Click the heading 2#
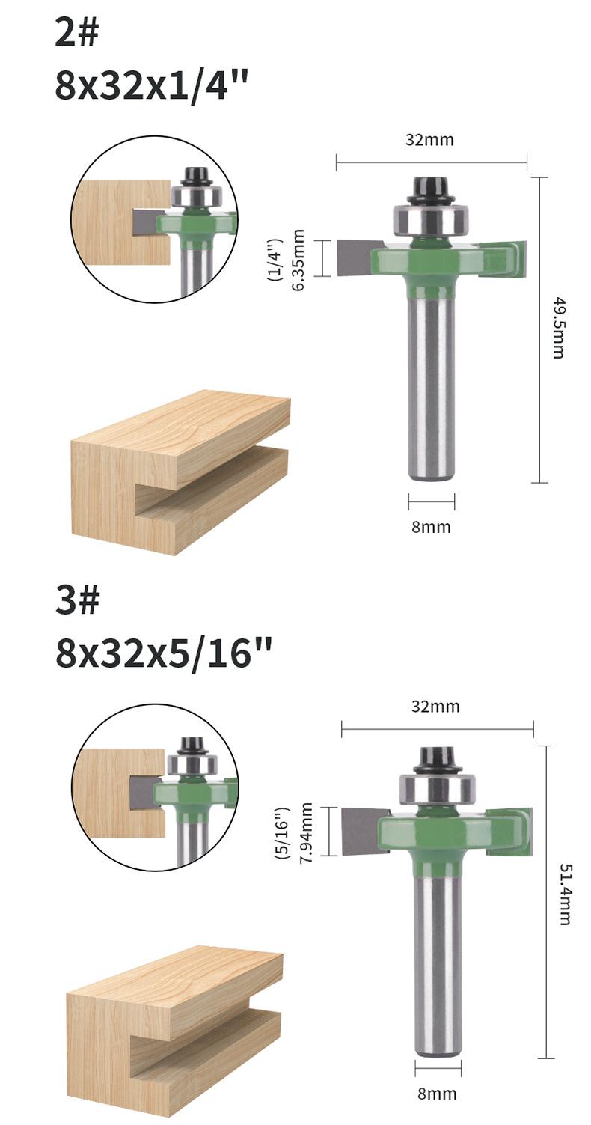(76, 34)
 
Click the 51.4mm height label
(564, 894)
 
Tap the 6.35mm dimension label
(298, 260)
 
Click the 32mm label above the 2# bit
(429, 140)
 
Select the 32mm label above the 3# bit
(435, 706)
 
